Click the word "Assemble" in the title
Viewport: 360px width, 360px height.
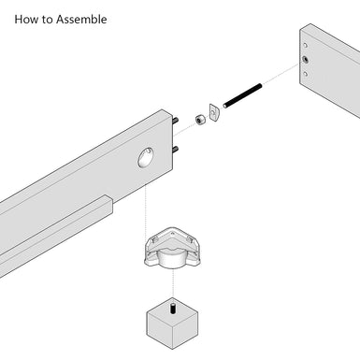[80, 19]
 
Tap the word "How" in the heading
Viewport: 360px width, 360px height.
[26, 19]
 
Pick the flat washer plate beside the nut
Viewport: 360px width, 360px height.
[214, 112]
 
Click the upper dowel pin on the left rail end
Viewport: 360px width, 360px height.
[176, 118]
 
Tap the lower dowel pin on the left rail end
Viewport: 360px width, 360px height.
[176, 148]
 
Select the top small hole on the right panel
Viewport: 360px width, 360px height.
[303, 44]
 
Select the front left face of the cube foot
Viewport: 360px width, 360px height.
[159, 332]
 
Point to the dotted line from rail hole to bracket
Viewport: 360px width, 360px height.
[147, 201]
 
